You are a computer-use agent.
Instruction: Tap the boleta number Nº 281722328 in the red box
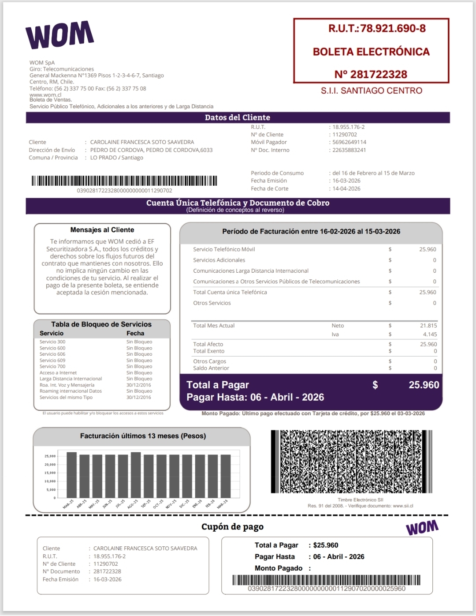coord(371,74)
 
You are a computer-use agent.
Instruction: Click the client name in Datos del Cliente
coord(142,142)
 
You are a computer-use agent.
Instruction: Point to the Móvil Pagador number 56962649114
coord(349,142)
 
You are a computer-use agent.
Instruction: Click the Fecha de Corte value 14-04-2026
coord(346,188)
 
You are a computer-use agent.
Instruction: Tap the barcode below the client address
coord(124,180)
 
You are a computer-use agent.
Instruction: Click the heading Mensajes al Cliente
coord(102,230)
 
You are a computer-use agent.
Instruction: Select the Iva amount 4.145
coord(430,334)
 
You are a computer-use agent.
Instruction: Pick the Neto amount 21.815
coord(428,326)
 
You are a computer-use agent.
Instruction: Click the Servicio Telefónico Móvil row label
coord(224,249)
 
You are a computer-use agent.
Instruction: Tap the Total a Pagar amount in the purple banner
coord(424,385)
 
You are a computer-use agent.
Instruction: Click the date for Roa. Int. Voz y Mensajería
coord(139,385)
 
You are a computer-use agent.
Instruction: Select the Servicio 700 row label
coord(52,366)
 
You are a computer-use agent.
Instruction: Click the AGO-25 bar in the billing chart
coord(136,475)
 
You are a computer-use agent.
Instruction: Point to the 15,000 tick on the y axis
coord(50,473)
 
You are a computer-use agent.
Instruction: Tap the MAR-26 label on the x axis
coord(223,504)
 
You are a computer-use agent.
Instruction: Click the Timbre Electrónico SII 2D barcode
coord(351,462)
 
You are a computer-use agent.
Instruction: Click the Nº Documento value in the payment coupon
coord(107,571)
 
